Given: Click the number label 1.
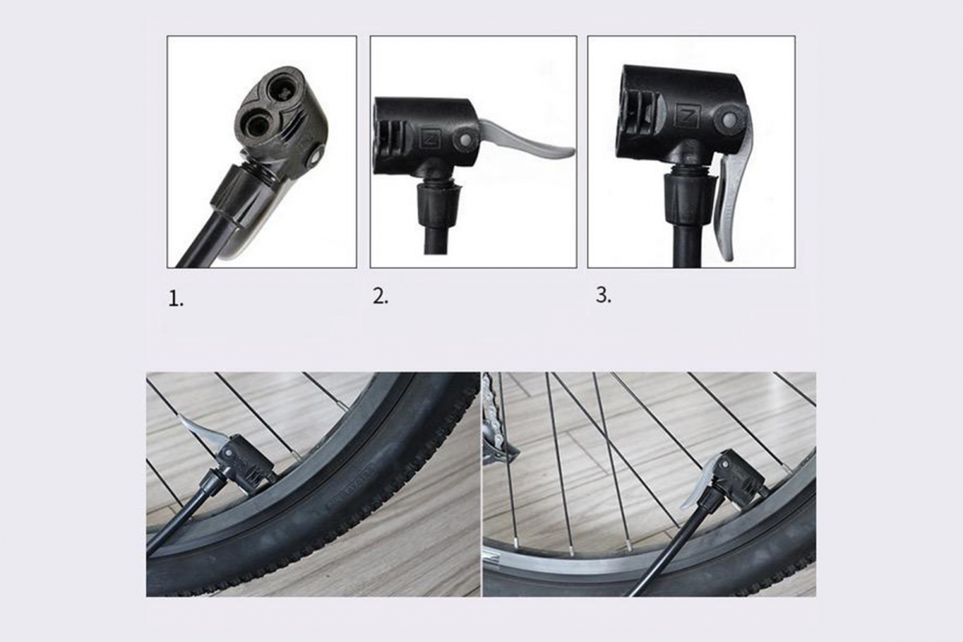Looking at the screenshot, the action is pos(176,299).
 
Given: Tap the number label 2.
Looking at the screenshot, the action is pos(380,296).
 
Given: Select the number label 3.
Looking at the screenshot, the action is pos(603,295).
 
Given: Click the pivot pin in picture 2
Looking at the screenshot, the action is pos(464,139).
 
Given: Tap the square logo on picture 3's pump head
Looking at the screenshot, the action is pos(686,116).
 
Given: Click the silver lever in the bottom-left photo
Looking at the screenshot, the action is pos(197,429).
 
